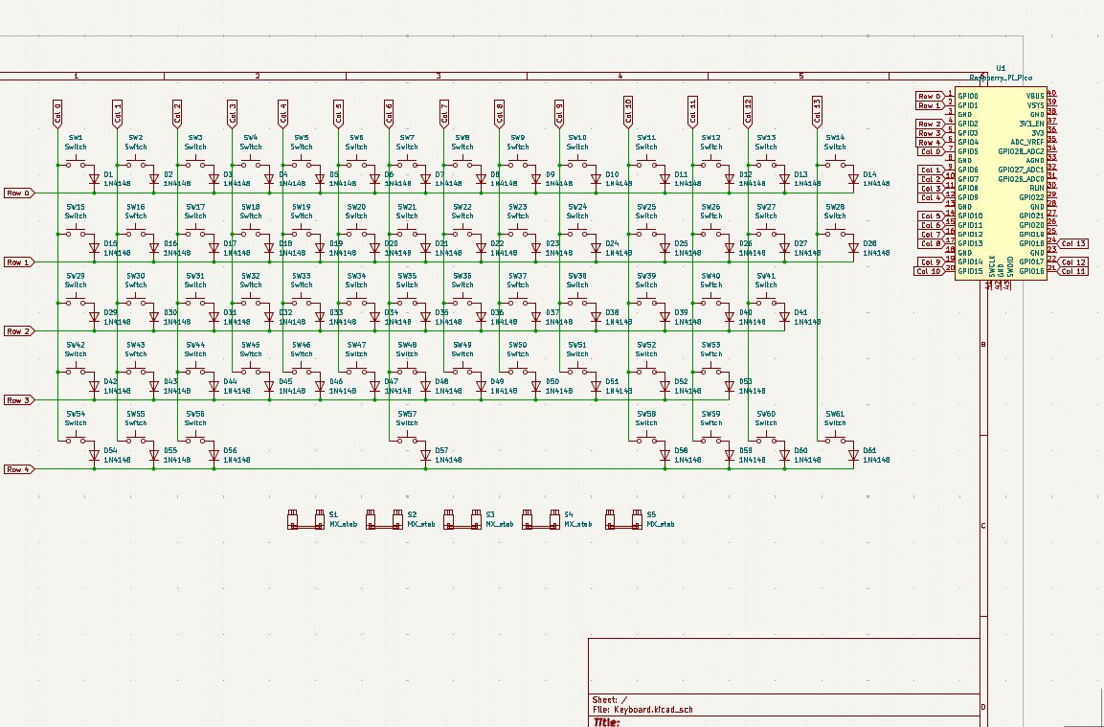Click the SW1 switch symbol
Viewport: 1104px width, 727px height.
click(x=76, y=165)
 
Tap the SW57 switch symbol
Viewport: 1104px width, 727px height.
click(x=407, y=441)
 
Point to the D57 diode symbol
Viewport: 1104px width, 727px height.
click(x=424, y=455)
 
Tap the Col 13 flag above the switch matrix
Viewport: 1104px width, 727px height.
click(x=817, y=111)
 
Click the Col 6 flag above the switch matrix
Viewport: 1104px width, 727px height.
click(x=389, y=113)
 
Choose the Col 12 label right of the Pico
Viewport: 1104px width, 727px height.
click(x=1072, y=262)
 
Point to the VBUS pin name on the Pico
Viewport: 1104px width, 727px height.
click(x=1035, y=96)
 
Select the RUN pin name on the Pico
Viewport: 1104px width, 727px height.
click(x=1037, y=188)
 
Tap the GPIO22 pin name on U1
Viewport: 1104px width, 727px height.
click(x=1031, y=197)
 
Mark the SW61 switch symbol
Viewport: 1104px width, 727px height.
click(x=835, y=441)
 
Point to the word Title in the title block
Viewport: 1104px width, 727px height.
click(x=607, y=722)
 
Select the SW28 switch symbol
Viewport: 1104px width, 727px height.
click(x=835, y=234)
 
